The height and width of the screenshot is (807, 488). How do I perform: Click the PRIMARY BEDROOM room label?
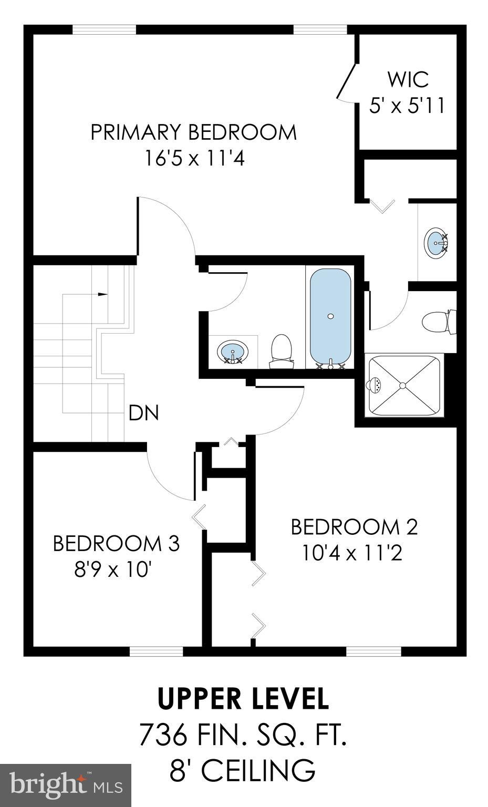point(193,132)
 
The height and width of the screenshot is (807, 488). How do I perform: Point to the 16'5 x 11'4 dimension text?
point(195,158)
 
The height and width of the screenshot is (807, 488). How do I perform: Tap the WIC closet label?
point(408,80)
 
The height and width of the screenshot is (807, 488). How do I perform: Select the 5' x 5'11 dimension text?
point(407,106)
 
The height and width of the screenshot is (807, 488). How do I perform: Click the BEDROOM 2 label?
point(354,527)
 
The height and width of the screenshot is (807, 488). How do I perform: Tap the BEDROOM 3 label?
point(116,543)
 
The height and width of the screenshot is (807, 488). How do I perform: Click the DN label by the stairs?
point(143,413)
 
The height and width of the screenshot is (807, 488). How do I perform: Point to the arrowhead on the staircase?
point(103,294)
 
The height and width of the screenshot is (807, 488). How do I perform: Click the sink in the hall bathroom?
point(232,351)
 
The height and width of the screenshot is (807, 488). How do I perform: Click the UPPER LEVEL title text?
point(243,698)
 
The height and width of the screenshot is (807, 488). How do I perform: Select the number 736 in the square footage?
point(163,734)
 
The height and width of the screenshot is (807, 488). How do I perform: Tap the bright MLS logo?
point(66,785)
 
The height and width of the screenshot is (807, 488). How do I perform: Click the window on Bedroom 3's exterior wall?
point(156,651)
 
